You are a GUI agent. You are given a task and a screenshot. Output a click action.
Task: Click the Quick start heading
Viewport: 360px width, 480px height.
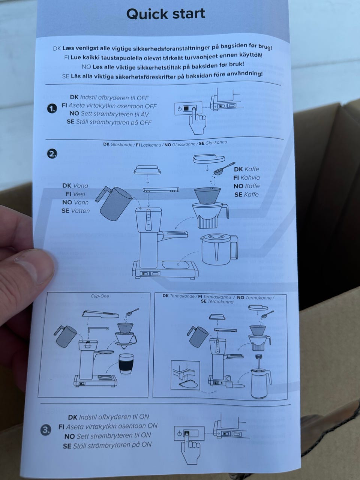pyautogui.click(x=166, y=14)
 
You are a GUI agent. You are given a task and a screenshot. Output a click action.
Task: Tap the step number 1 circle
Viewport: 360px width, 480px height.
pyautogui.click(x=52, y=109)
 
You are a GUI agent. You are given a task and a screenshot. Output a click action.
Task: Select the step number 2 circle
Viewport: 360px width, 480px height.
pyautogui.click(x=52, y=154)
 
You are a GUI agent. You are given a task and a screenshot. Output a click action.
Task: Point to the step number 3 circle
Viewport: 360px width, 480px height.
pyautogui.click(x=46, y=430)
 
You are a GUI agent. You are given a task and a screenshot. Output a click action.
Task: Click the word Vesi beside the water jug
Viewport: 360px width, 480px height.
pyautogui.click(x=79, y=194)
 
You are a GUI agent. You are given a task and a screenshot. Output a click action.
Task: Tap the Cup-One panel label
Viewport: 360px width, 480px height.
pyautogui.click(x=100, y=296)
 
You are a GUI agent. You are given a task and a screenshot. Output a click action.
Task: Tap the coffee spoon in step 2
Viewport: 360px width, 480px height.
pyautogui.click(x=224, y=168)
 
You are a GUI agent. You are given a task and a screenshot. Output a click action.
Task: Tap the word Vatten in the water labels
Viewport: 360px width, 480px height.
pyautogui.click(x=81, y=211)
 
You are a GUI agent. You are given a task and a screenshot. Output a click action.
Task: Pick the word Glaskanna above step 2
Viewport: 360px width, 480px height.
pyautogui.click(x=216, y=143)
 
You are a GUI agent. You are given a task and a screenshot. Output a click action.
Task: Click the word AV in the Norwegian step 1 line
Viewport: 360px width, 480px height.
pyautogui.click(x=145, y=114)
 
